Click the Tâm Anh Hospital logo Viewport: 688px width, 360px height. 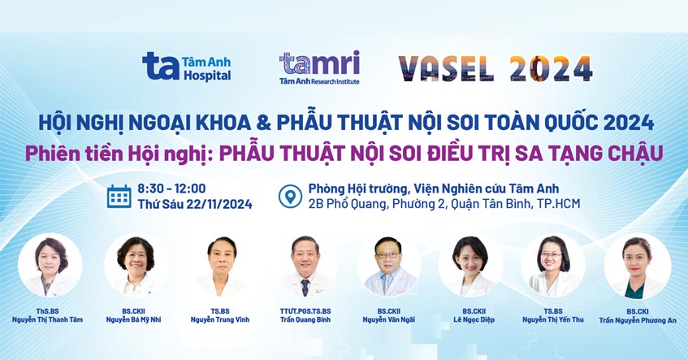coord(187,66)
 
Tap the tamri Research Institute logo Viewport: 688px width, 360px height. coord(318,67)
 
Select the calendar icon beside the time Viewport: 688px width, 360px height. coord(119,197)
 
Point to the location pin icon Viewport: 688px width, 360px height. coord(289,197)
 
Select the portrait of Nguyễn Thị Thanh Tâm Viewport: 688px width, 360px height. coord(50,266)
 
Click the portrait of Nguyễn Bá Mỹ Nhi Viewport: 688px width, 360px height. coord(136,266)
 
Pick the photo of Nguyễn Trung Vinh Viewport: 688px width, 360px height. coord(220,266)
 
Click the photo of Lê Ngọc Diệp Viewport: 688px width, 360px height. coord(469,266)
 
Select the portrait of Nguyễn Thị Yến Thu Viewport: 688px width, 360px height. coord(552,266)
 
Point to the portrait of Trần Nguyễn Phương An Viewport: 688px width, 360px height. coord(636,266)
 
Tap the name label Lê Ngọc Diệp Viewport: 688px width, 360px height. coord(469,319)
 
